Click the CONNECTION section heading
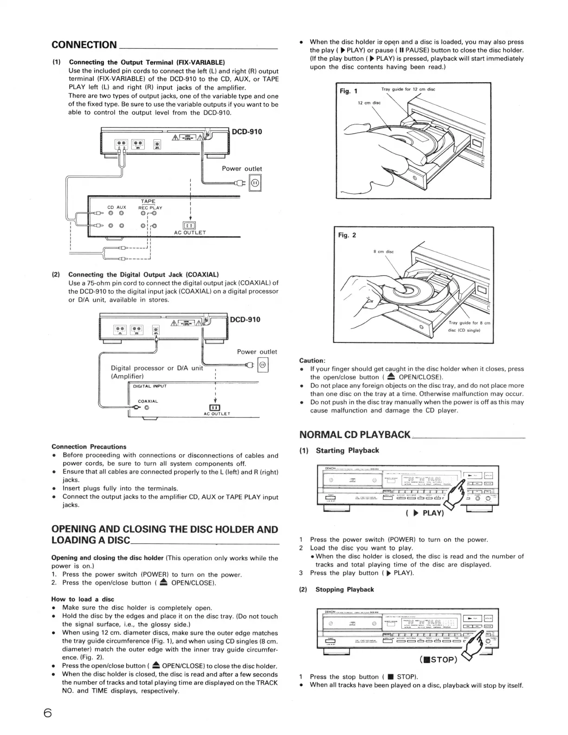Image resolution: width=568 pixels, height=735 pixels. point(84,45)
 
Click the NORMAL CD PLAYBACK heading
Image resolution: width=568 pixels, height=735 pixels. point(355,435)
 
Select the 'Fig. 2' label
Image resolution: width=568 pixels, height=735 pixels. point(347,235)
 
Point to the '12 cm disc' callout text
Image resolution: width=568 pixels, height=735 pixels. point(369,103)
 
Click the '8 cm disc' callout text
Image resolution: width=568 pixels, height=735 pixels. point(383,251)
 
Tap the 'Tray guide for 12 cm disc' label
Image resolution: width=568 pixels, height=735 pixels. point(408,89)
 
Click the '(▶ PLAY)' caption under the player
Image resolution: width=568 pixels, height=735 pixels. point(425,513)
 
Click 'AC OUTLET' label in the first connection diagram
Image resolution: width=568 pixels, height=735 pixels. point(190,232)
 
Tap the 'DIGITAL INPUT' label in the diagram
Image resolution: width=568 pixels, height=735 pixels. point(149,386)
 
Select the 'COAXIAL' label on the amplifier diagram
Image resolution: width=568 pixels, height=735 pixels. point(148,401)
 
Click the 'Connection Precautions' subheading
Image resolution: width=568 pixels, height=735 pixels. point(89,446)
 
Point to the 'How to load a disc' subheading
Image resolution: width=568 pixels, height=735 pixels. point(83,599)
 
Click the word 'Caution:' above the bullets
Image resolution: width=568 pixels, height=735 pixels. point(312,360)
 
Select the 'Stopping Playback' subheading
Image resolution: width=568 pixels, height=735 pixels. point(344,589)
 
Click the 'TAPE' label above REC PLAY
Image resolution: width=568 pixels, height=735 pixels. point(148,201)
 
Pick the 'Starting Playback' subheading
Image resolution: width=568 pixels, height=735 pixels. point(347,450)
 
